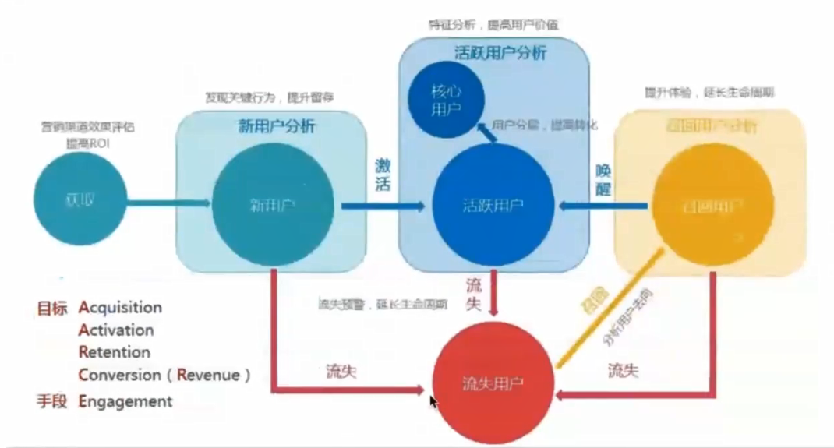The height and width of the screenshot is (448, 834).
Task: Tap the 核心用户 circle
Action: coord(447,99)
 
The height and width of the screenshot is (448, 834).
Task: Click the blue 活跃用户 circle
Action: coord(493,206)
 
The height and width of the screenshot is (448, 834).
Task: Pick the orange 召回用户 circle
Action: coord(712,205)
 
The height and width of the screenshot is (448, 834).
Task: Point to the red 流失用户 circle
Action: coord(493,383)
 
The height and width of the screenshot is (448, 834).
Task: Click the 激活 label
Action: coord(383,175)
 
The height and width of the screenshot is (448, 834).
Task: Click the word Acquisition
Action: coord(120,307)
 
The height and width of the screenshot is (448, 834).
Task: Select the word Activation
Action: coord(116,330)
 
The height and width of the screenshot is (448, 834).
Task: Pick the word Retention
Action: coord(114,352)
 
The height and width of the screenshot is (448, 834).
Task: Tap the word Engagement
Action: coord(125,401)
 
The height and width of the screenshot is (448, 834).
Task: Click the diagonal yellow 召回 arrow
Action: coord(609,306)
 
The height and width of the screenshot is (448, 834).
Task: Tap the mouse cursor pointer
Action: coord(433,402)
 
